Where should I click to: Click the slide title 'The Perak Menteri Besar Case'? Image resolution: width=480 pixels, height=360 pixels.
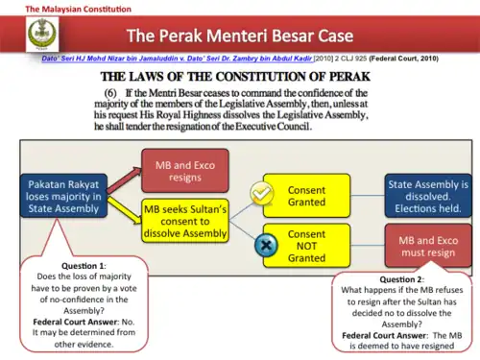pos(240,37)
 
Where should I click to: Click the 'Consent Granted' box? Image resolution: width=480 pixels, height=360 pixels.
pos(306,197)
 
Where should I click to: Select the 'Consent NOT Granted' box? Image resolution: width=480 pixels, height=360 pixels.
pos(306,245)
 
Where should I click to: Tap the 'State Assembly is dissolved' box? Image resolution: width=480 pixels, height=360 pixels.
pos(427,197)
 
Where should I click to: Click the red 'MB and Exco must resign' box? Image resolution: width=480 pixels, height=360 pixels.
pos(427,245)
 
